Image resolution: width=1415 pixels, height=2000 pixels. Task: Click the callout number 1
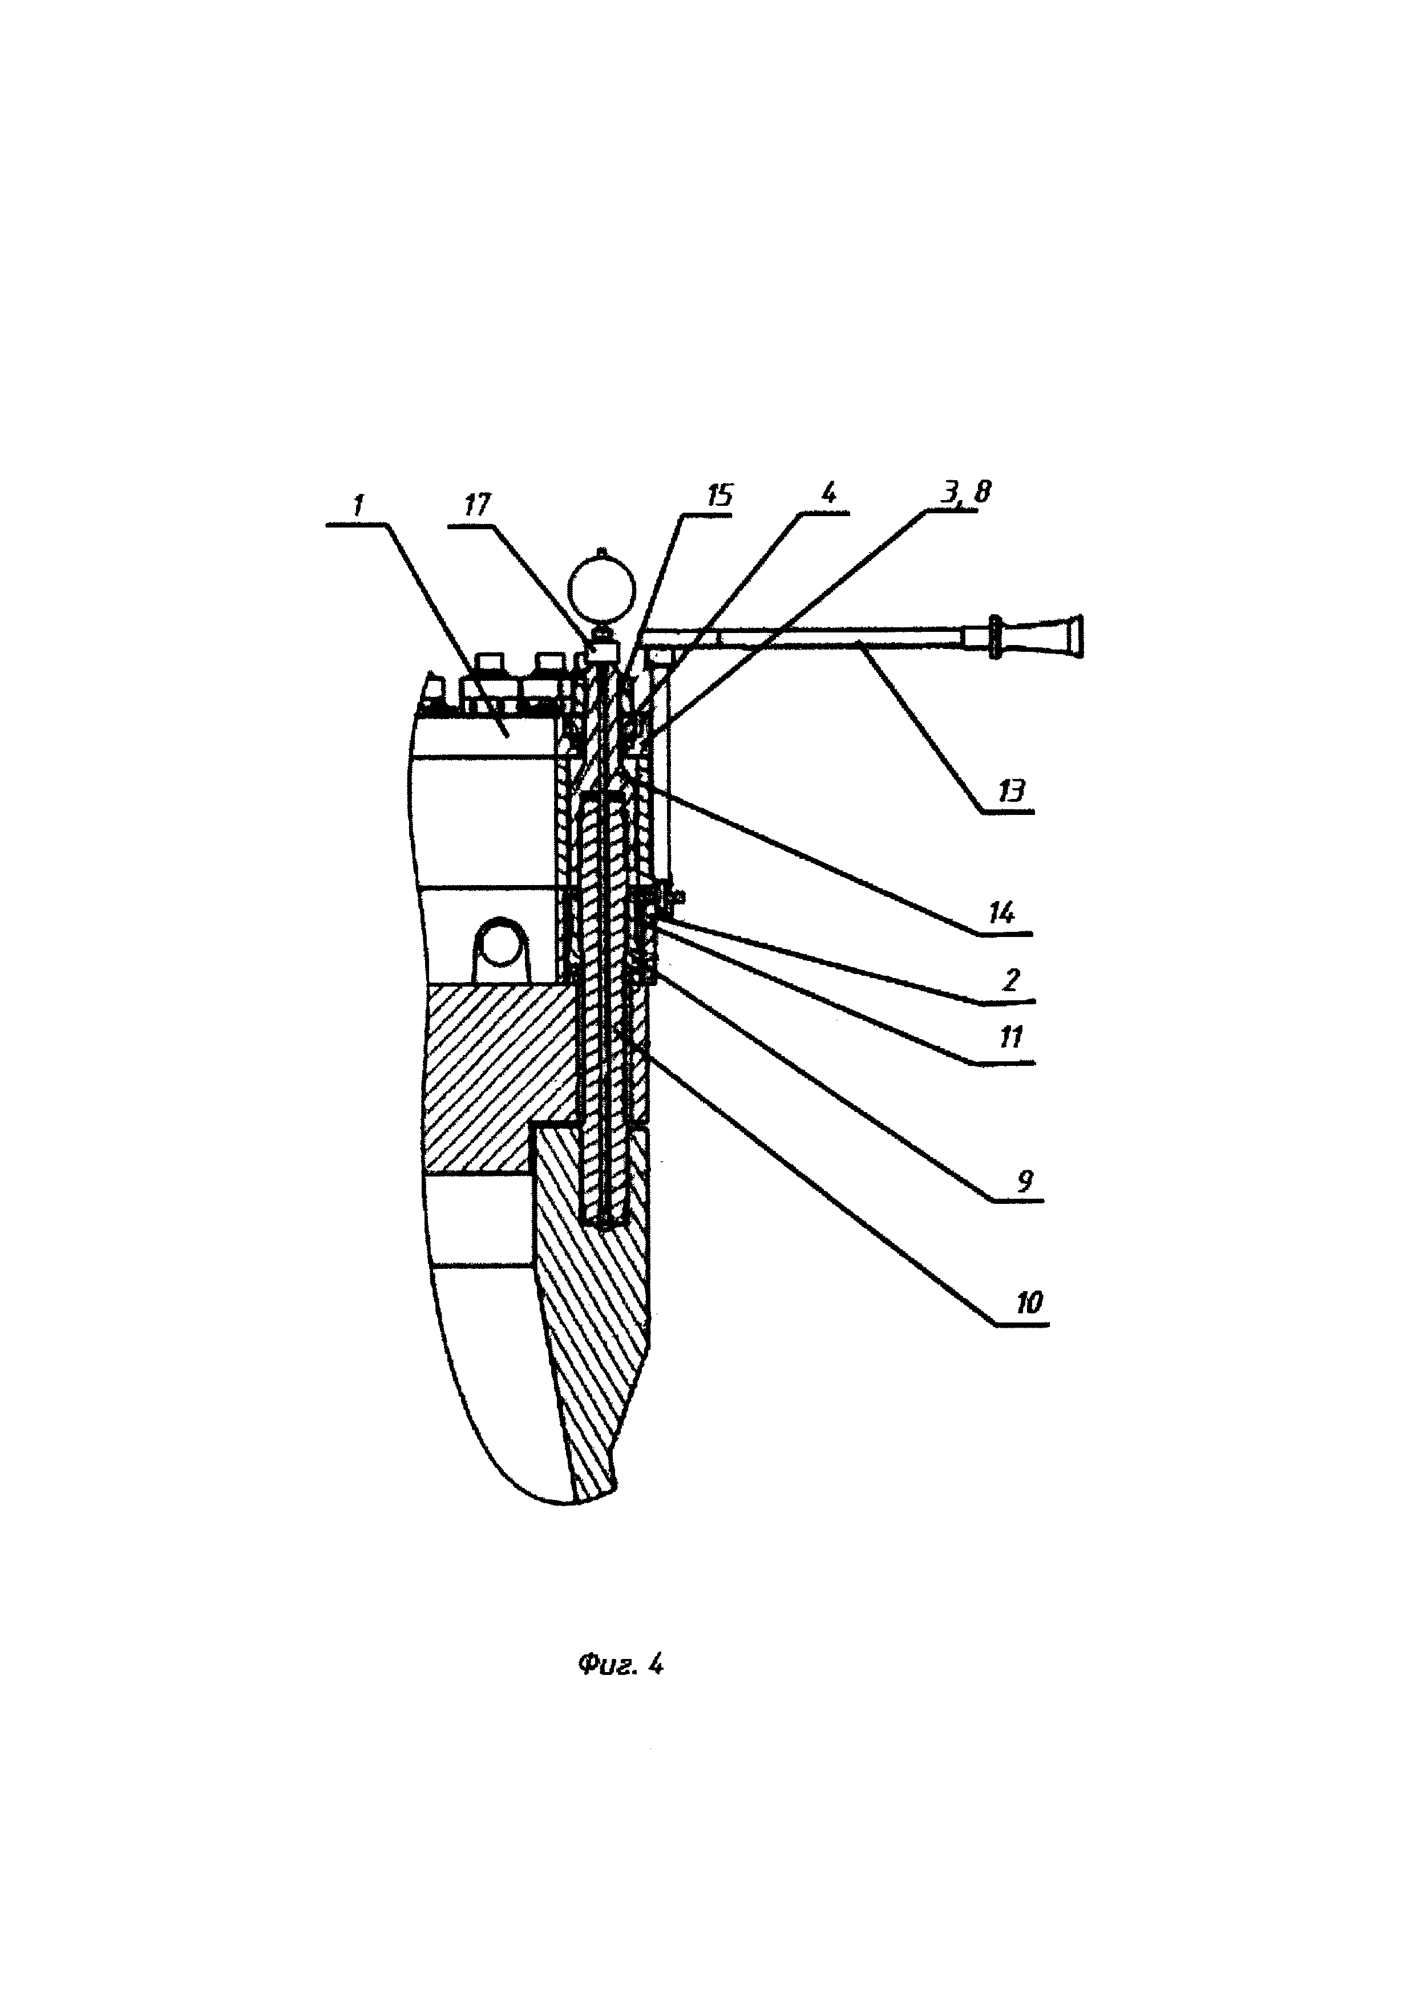point(358,505)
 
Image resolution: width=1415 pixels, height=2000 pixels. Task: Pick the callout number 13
point(1010,791)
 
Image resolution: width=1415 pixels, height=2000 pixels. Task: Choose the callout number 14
point(1001,913)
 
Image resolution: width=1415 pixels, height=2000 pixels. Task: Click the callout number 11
point(1010,1037)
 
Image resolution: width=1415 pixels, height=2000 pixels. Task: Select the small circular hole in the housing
point(500,943)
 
